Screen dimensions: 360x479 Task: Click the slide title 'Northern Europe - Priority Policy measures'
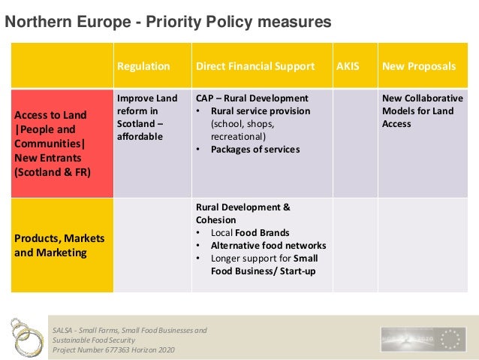168,23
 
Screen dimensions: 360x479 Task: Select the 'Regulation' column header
143,66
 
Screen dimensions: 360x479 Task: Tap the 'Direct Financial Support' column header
255,66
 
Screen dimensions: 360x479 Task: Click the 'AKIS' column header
348,66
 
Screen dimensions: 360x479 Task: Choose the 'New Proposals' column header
419,66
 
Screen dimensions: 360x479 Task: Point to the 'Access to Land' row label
49,116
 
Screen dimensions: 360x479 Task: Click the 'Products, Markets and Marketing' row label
59,245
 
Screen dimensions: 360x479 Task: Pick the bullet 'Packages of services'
255,149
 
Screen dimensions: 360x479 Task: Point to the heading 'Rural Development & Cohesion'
243,213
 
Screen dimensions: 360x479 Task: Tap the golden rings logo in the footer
23,337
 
